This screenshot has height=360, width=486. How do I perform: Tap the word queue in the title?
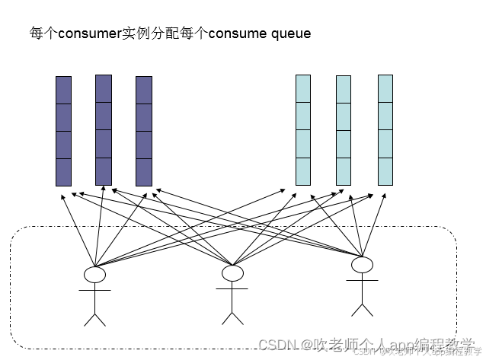pyautogui.click(x=291, y=34)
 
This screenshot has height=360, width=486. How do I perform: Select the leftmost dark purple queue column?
pyautogui.click(x=63, y=131)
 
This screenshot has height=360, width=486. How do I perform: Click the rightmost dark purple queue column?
pyautogui.click(x=144, y=131)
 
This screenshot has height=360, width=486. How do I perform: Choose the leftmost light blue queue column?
pyautogui.click(x=303, y=130)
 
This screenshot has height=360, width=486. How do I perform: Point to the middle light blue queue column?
pyautogui.click(x=344, y=130)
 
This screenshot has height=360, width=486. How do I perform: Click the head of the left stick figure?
pyautogui.click(x=94, y=274)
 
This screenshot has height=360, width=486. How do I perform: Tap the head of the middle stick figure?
pyautogui.click(x=232, y=272)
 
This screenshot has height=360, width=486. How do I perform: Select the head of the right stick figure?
pyautogui.click(x=362, y=265)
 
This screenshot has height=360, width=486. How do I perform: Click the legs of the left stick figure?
pyautogui.click(x=94, y=317)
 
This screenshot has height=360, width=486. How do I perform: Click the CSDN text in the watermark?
pyautogui.click(x=277, y=345)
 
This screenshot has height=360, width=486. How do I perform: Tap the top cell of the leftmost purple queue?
pyautogui.click(x=63, y=90)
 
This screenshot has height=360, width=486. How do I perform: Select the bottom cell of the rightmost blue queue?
pyautogui.click(x=385, y=170)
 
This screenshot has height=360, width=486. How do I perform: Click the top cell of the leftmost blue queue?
pyautogui.click(x=303, y=89)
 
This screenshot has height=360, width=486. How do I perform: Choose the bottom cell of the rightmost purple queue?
pyautogui.click(x=144, y=172)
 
